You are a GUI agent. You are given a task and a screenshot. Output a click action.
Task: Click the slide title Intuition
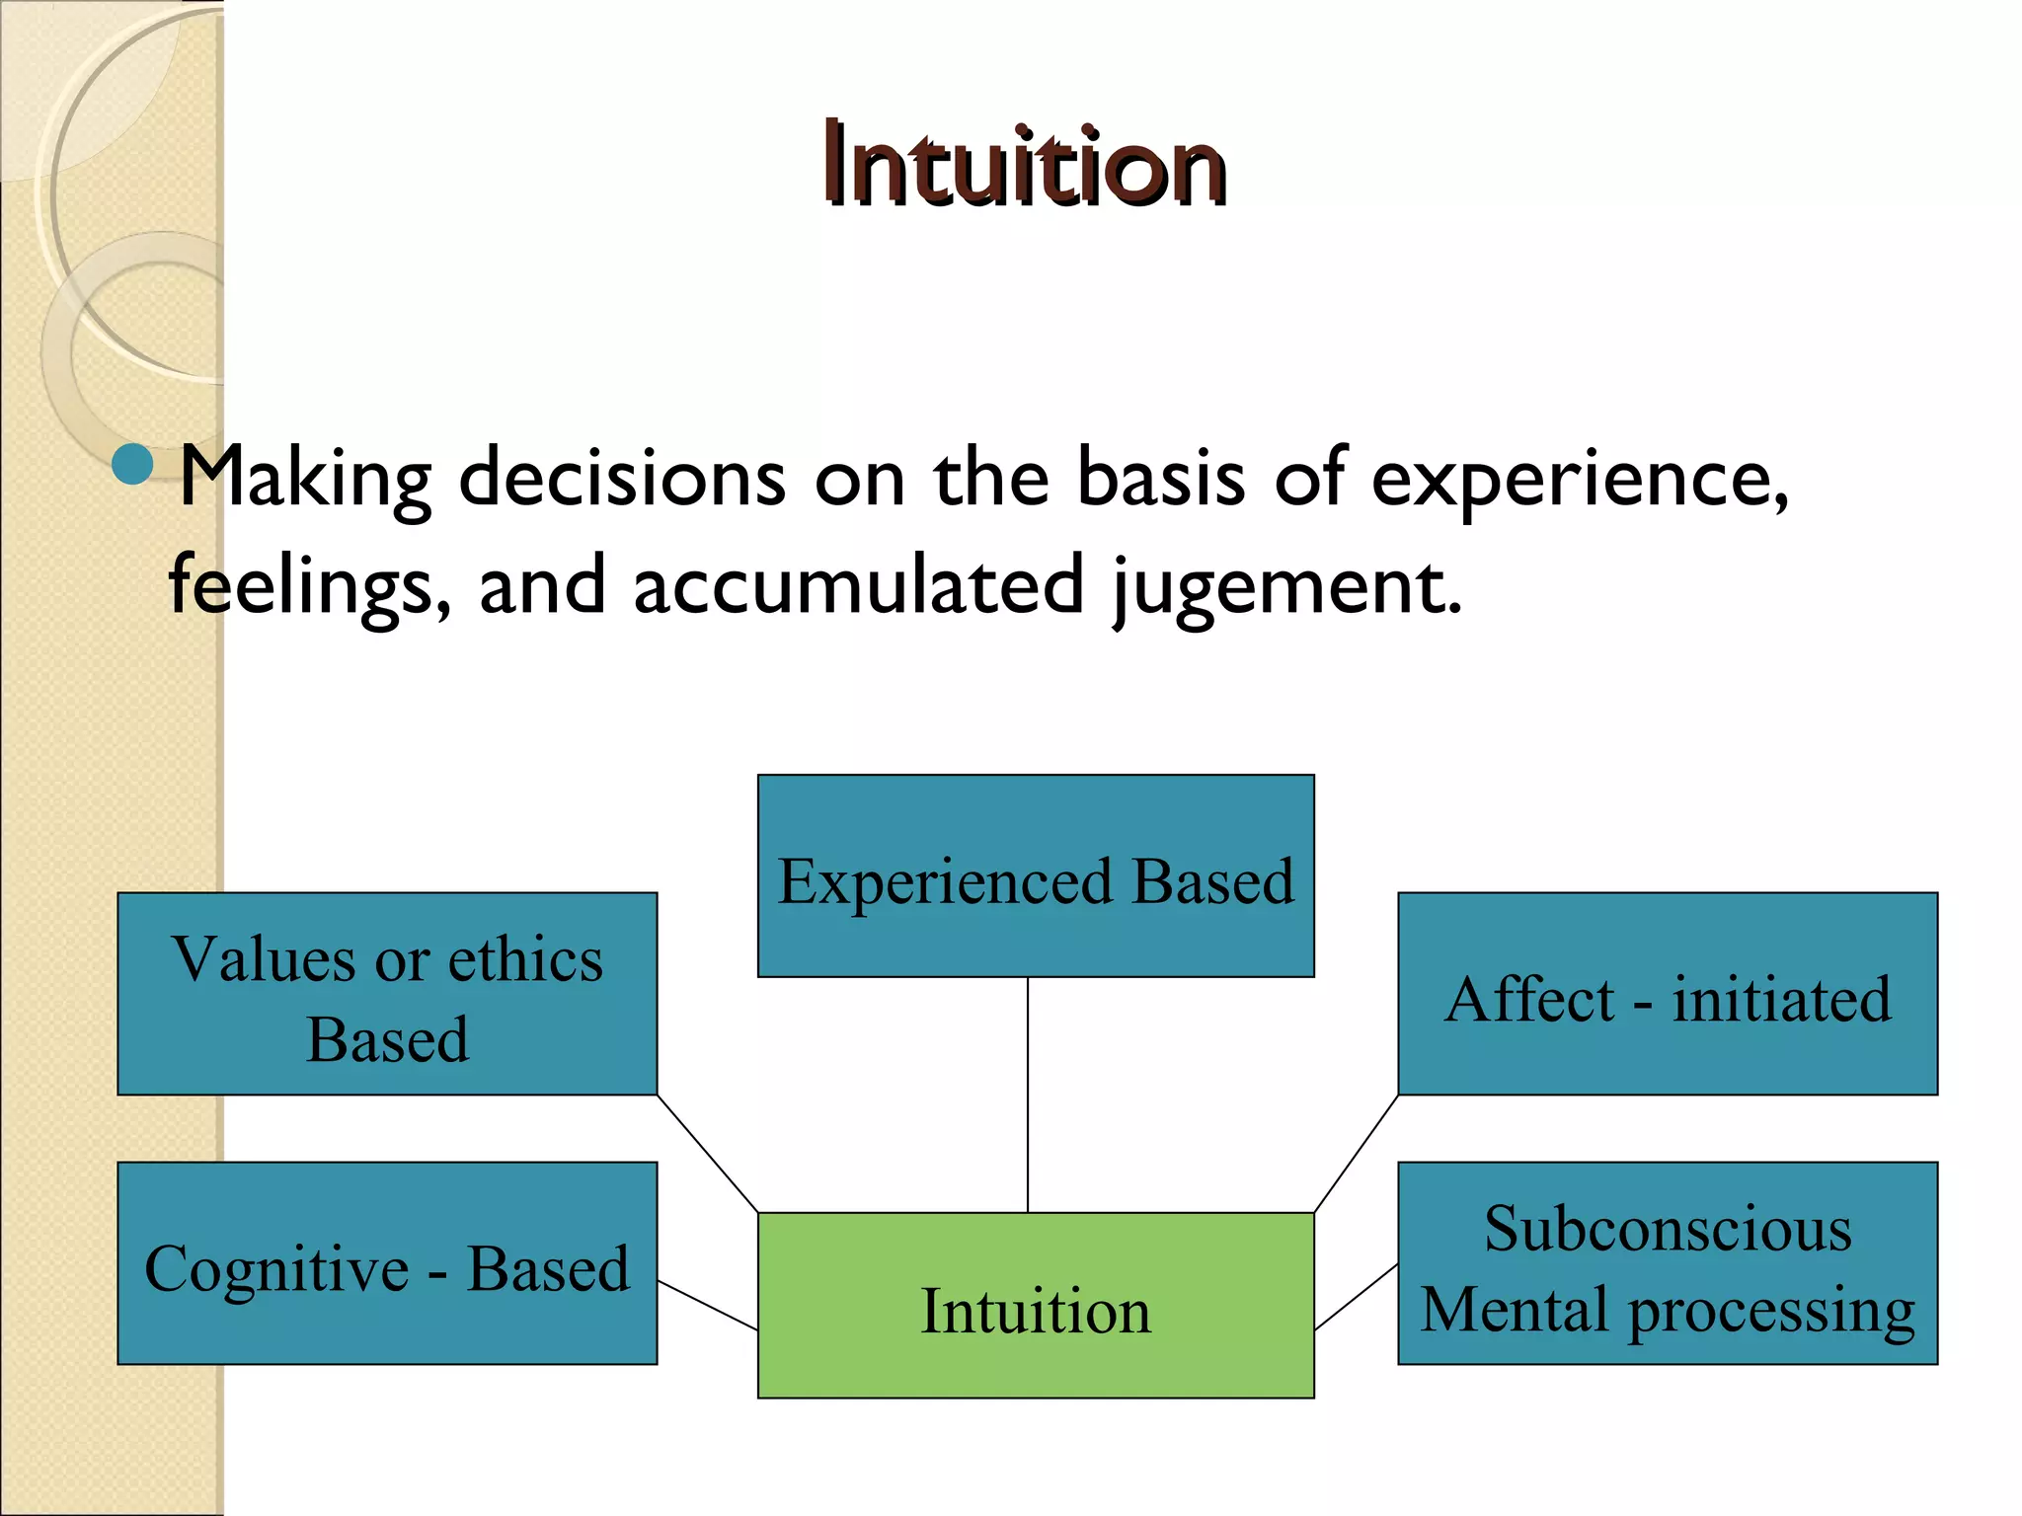tap(1025, 164)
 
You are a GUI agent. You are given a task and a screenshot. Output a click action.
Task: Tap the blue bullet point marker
tap(132, 464)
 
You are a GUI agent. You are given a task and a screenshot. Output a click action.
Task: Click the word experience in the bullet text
tap(1577, 480)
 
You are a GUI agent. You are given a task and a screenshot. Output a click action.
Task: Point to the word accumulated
tap(858, 584)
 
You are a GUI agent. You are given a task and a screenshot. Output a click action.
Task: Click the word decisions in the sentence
tap(622, 478)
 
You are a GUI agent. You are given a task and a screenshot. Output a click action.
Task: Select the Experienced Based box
tap(1035, 876)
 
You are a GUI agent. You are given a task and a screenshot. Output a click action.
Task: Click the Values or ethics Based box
tap(387, 994)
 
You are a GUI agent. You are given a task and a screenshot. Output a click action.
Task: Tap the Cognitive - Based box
tap(387, 1263)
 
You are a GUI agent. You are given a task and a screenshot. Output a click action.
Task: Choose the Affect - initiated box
tap(1668, 994)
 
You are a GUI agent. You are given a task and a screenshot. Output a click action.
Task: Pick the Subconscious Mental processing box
tap(1668, 1263)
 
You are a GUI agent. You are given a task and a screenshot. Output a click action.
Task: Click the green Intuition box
tap(1035, 1305)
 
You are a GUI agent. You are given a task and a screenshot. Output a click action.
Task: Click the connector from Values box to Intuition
tap(707, 1153)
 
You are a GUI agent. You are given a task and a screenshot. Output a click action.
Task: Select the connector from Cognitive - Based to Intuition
tap(707, 1306)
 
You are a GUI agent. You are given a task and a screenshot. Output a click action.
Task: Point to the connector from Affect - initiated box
tap(1357, 1153)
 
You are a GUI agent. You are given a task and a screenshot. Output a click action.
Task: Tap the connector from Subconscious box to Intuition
tap(1357, 1297)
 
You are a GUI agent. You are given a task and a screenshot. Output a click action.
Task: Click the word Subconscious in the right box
tap(1668, 1229)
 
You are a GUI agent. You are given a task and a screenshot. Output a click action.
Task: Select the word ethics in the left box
tap(525, 959)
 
